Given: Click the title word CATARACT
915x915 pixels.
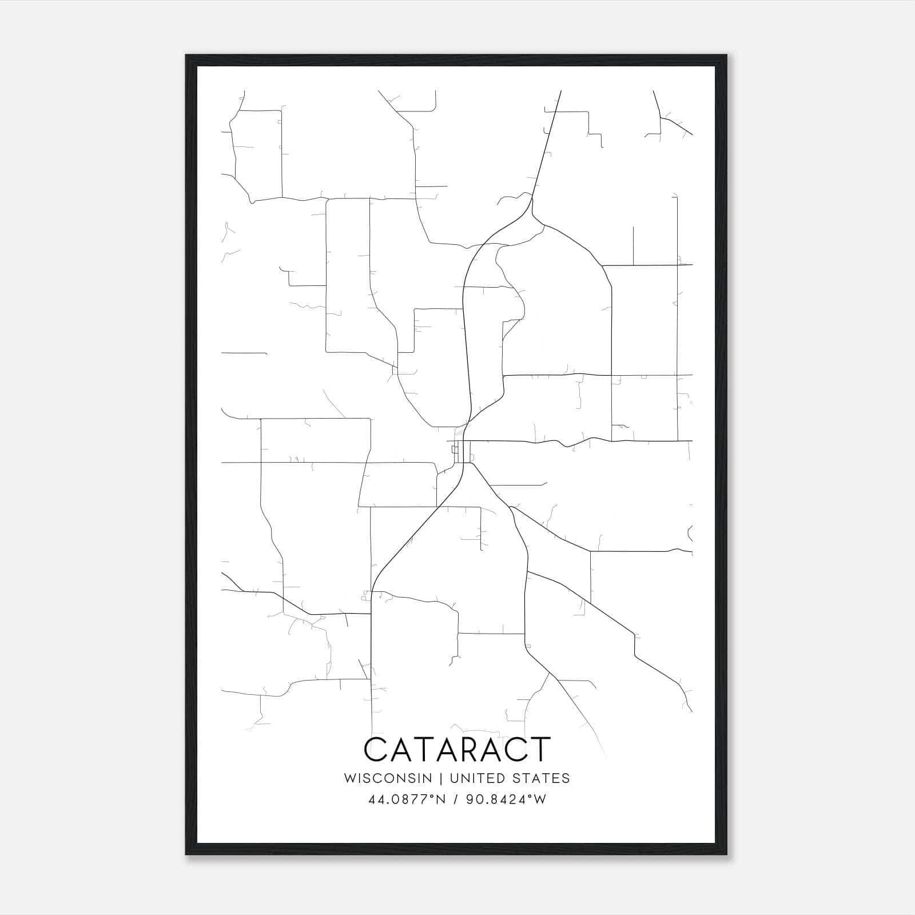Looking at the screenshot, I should (x=457, y=749).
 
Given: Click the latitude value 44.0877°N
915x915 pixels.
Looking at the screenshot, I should (x=407, y=799).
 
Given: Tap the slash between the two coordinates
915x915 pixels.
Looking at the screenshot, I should (x=456, y=799).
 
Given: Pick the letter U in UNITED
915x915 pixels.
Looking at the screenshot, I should (x=454, y=778).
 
